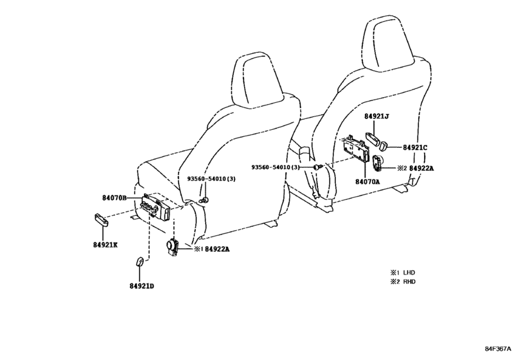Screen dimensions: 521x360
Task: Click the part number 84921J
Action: (x=376, y=116)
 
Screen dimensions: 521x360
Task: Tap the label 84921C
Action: (x=415, y=147)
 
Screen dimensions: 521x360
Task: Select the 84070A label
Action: (x=367, y=181)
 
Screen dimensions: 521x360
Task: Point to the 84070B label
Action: (x=114, y=198)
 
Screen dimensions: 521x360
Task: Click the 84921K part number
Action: (x=105, y=245)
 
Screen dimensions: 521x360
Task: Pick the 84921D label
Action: (x=142, y=286)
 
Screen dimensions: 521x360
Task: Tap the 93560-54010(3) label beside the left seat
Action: (x=211, y=179)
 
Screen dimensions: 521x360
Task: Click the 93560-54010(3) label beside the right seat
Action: (x=275, y=167)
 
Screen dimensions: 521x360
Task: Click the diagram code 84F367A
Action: (x=497, y=349)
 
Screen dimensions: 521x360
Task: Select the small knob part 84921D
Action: (x=139, y=261)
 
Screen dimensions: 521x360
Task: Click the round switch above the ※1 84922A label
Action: (x=172, y=247)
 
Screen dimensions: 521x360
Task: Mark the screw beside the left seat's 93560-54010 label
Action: (x=205, y=200)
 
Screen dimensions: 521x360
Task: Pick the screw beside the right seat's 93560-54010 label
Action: (x=318, y=166)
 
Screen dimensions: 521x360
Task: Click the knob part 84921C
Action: (x=384, y=145)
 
